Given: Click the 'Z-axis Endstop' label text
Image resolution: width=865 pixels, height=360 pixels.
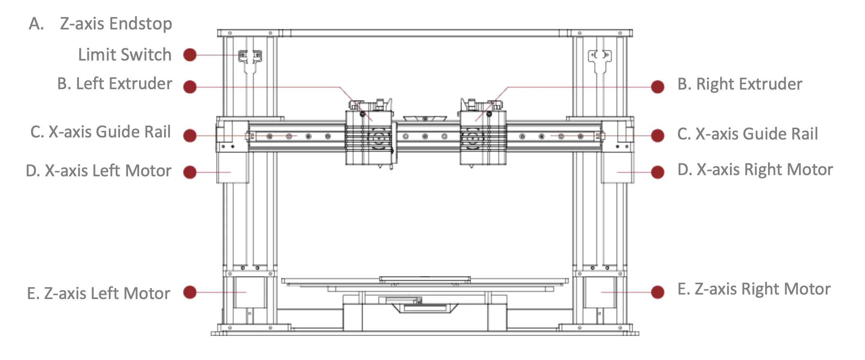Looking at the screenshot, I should point(116,24).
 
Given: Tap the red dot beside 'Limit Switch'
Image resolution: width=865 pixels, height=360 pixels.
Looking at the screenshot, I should point(190,55).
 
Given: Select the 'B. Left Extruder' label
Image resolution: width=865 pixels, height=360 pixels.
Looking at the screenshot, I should point(115,84).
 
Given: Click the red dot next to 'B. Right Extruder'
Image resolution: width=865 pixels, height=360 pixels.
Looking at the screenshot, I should point(658,87).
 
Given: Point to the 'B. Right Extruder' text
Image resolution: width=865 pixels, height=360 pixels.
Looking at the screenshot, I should point(740,84).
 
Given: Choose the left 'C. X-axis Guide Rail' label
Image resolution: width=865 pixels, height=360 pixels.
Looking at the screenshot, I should point(101,132).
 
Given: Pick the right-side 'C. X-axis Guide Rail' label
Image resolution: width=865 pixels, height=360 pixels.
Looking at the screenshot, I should point(748,134).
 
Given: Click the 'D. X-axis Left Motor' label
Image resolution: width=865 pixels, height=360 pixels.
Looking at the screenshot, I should point(99,171).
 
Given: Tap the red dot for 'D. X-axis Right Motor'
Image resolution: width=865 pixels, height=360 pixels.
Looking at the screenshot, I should point(658,172).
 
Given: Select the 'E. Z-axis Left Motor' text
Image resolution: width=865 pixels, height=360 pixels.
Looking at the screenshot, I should point(99,294).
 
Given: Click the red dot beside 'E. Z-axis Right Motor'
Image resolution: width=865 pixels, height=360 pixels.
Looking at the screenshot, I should point(658,292).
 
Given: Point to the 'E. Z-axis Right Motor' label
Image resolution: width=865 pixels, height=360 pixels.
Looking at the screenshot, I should point(754,289).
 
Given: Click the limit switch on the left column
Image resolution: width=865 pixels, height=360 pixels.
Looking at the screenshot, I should point(250,56).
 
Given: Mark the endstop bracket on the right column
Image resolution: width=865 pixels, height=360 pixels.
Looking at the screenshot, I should point(599,57).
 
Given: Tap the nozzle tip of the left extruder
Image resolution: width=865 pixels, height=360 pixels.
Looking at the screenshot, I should point(381,166).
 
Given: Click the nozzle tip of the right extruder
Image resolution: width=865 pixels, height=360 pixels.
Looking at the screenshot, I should point(471,166).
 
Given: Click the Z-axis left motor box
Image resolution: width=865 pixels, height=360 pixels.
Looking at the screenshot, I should point(249,292).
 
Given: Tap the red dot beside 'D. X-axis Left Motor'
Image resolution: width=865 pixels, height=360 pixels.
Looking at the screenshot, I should point(190,172).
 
